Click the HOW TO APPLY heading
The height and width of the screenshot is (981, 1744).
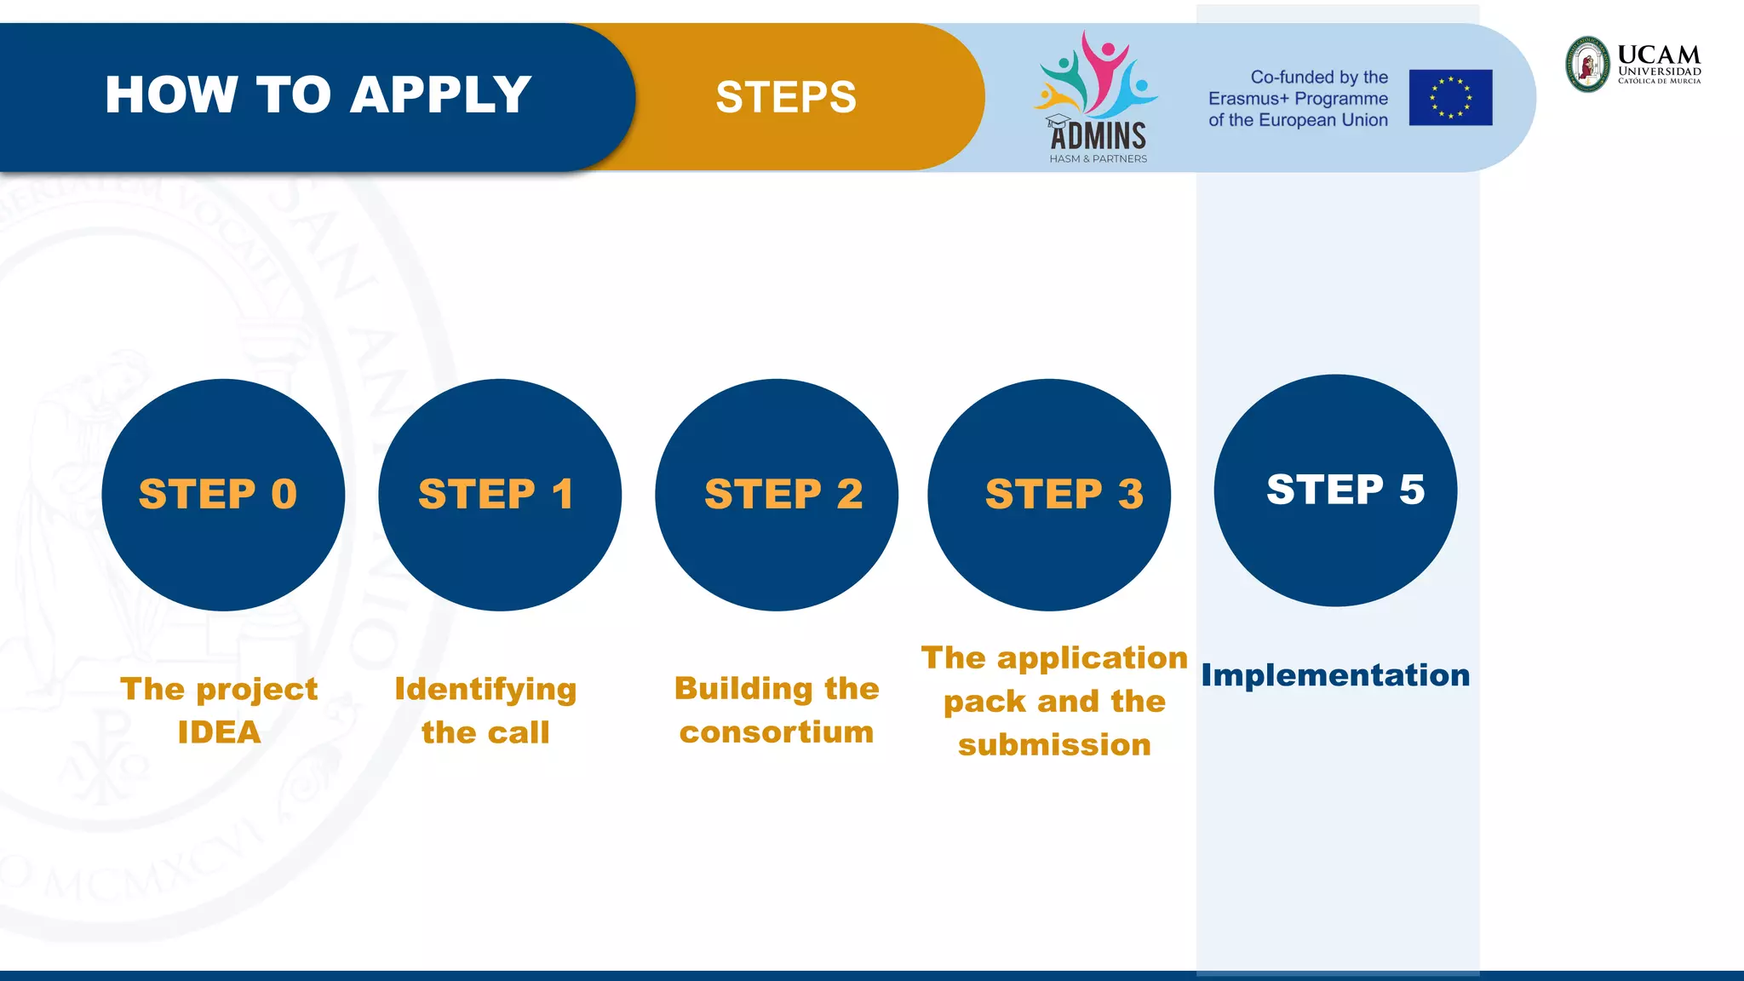point(318,95)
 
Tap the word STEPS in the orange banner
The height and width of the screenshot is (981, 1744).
point(785,97)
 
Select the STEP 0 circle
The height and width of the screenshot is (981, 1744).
point(223,495)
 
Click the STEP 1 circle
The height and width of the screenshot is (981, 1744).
point(500,495)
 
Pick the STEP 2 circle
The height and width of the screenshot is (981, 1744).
point(777,495)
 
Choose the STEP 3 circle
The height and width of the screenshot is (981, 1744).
point(1049,495)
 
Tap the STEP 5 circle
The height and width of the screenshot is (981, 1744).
point(1335,490)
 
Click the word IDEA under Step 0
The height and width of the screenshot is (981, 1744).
point(219,732)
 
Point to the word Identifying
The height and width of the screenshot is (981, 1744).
point(485,689)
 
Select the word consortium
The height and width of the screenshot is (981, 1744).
point(777,732)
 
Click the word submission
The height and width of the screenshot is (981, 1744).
point(1054,745)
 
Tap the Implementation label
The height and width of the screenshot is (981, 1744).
point(1335,675)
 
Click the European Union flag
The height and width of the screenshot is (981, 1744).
point(1450,98)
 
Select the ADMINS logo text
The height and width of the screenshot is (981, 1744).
point(1099,136)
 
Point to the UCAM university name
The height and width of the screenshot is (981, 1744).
point(1659,56)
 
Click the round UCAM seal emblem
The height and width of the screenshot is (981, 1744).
point(1588,64)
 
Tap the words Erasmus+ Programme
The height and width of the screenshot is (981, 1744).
point(1298,99)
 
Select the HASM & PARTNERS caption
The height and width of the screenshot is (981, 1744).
point(1098,159)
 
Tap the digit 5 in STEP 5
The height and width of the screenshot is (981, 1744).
point(1411,490)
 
